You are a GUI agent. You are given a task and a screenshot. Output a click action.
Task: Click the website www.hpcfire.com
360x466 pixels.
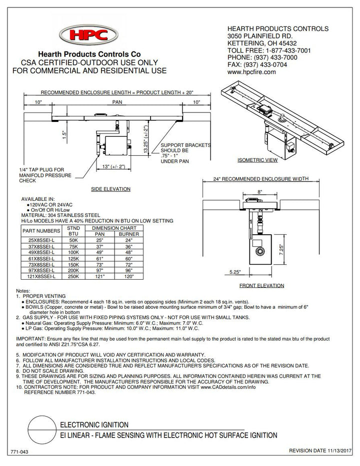251,72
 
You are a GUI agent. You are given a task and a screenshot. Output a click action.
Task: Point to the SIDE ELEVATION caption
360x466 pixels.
110,189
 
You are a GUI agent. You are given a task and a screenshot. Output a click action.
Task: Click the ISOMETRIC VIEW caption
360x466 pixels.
258,161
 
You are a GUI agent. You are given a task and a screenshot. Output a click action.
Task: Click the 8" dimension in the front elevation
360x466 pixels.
259,191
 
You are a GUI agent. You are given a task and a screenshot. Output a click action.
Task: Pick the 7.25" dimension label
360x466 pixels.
281,248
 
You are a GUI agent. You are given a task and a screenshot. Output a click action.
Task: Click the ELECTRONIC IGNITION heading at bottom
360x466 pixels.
94,425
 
